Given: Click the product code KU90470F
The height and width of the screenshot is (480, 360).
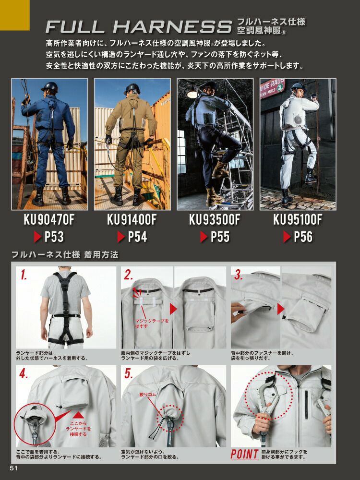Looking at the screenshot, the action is [x=49, y=219].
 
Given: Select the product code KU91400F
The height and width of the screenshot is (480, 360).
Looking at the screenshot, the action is [x=132, y=219].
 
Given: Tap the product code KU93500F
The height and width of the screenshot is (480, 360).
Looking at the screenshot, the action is [x=215, y=219].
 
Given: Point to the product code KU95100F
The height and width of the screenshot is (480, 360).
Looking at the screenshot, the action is [x=298, y=219].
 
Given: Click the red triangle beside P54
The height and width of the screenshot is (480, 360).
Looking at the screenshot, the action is [x=121, y=237].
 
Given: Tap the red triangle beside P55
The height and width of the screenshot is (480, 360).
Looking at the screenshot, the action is [x=204, y=237].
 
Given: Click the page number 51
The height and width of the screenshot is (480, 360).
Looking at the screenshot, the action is [x=14, y=468].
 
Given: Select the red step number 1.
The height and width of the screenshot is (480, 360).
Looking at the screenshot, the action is [x=23, y=275].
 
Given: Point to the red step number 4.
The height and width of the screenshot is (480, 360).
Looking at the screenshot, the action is [x=24, y=373].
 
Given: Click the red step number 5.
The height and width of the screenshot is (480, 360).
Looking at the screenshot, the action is [x=129, y=373].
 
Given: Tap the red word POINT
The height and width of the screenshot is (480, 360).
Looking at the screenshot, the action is [x=245, y=454].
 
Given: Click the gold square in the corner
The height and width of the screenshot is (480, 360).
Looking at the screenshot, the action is [x=15, y=15].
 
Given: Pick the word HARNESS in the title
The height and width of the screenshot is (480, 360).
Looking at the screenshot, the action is [x=172, y=27].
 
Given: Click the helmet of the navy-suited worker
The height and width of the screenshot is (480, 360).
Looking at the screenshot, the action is [x=49, y=87].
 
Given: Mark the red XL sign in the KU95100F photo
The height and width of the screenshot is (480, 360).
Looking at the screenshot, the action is [x=279, y=88].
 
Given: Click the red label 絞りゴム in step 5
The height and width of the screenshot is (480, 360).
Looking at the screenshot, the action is [x=147, y=395].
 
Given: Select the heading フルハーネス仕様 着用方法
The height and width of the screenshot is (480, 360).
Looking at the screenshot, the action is [x=65, y=255].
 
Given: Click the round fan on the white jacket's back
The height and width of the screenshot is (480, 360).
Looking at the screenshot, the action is [x=297, y=119].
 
